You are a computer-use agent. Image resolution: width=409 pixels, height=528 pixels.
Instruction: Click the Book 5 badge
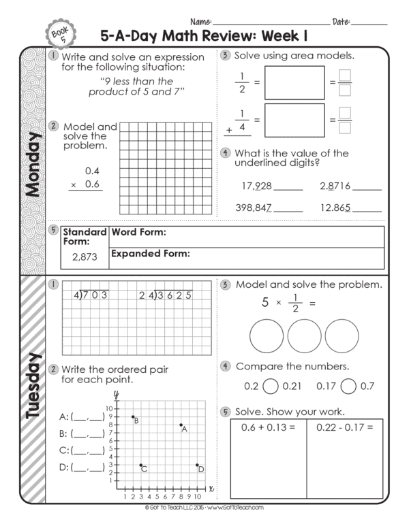[x=57, y=32]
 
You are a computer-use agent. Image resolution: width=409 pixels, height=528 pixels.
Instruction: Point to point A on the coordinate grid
[x=181, y=425]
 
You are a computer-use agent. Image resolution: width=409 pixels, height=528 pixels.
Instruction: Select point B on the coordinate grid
[x=133, y=417]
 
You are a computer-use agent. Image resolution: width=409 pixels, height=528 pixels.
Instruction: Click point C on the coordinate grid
[x=141, y=465]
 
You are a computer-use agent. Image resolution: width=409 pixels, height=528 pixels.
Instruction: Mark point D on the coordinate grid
[x=197, y=465]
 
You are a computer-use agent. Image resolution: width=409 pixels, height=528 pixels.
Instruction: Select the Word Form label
[x=138, y=233]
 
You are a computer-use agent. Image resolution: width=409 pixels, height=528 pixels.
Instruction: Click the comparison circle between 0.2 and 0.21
[x=270, y=386]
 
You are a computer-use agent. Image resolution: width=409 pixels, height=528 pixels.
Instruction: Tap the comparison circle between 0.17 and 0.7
[x=348, y=386]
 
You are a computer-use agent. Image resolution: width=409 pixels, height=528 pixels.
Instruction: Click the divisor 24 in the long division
[x=145, y=295]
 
